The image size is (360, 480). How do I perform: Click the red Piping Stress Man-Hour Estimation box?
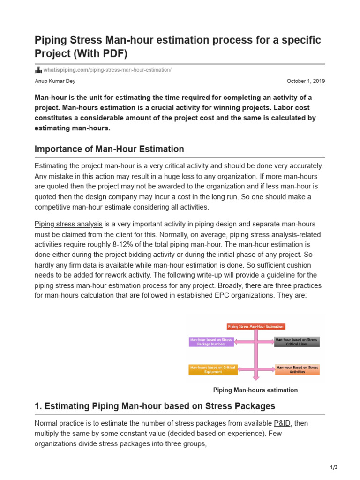click(255, 326)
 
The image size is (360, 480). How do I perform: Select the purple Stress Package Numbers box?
click(211, 342)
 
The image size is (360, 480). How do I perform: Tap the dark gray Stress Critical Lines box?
click(297, 342)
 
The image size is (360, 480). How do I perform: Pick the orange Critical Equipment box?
click(211, 369)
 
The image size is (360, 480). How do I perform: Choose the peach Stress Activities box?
click(297, 369)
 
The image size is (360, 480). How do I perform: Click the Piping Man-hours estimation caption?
click(255, 390)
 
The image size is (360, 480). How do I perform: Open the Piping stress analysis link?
click(68, 224)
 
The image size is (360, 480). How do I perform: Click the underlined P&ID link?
click(283, 423)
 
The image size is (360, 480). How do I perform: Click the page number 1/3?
click(334, 467)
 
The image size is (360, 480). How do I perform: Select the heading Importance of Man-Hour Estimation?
click(109, 149)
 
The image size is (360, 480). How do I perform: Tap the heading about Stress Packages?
click(155, 406)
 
